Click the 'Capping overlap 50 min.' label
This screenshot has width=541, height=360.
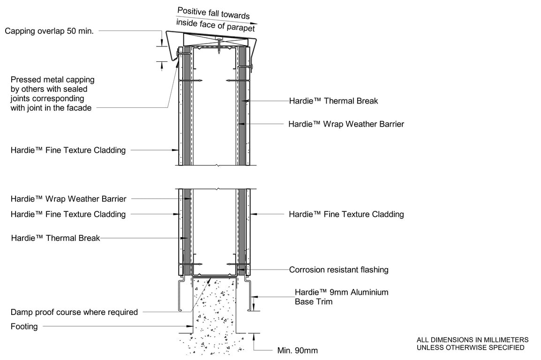tap(49, 31)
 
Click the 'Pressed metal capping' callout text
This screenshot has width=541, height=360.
tap(52, 80)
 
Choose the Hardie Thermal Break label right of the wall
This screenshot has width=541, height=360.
tap(333, 101)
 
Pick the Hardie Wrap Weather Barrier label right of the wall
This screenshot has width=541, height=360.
tap(346, 124)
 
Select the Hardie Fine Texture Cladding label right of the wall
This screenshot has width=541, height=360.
tap(346, 214)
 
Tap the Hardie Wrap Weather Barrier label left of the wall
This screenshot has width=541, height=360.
tap(68, 199)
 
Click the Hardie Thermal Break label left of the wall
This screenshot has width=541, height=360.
tap(55, 238)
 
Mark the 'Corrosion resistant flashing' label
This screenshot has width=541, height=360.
tap(338, 270)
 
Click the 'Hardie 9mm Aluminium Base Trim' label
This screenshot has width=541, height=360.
tap(341, 297)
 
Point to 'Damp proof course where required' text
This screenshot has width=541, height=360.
tap(74, 312)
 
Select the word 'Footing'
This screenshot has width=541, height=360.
tap(24, 326)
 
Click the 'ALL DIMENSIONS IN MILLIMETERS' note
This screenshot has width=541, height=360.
tap(473, 340)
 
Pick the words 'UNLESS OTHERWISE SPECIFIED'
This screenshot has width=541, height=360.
tap(471, 347)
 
